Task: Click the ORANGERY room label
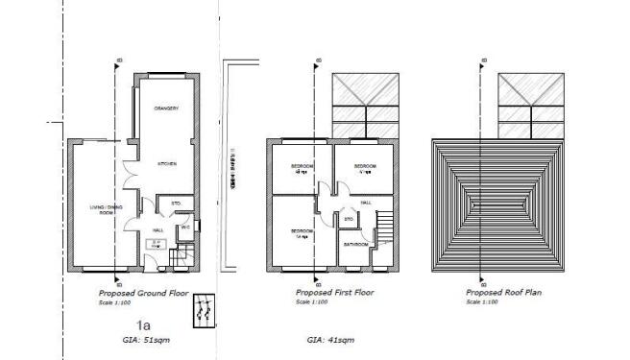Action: click(x=167, y=108)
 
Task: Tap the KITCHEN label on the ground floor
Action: click(x=166, y=165)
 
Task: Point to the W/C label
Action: click(x=185, y=227)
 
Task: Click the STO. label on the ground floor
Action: click(x=176, y=204)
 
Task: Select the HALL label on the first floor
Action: click(x=366, y=204)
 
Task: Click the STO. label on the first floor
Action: click(x=348, y=221)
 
